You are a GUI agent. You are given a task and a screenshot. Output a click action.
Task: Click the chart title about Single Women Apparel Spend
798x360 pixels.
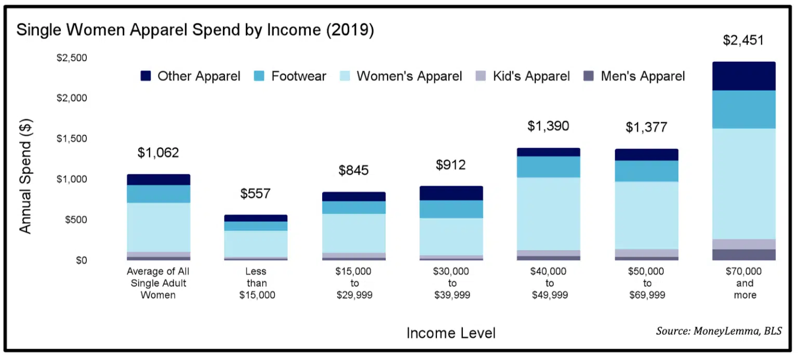[x=195, y=30]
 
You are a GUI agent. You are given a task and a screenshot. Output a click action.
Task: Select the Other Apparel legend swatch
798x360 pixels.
[x=145, y=76]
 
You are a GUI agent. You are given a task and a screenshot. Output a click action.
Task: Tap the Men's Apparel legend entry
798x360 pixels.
[x=643, y=76]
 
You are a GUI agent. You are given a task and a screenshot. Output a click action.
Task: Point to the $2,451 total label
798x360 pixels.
[x=743, y=40]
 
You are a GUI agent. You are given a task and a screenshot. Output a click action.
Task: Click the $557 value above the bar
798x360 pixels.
[x=255, y=194]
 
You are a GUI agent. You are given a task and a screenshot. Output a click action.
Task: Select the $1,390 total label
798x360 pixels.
[x=548, y=126]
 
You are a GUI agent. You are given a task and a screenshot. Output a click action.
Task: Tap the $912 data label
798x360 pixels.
[x=451, y=165]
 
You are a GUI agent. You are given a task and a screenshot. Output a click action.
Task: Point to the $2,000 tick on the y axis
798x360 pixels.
[x=72, y=98]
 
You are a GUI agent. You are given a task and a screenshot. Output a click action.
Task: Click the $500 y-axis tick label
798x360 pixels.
[x=75, y=220]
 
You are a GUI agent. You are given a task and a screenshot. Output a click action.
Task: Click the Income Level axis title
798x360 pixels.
[x=451, y=333]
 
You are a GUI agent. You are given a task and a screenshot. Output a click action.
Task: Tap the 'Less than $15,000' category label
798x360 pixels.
[x=256, y=283]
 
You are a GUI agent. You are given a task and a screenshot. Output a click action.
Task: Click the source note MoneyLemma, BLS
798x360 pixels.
[x=719, y=331]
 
